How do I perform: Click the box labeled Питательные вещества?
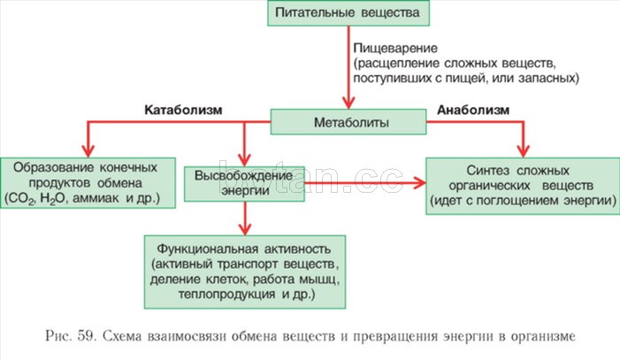click(x=348, y=12)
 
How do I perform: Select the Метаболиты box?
click(x=348, y=122)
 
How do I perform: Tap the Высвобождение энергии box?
click(x=244, y=184)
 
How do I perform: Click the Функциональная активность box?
click(x=245, y=272)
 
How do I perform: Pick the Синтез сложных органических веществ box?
click(x=523, y=186)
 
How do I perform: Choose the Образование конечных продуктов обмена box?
click(x=88, y=183)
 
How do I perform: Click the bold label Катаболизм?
click(x=183, y=110)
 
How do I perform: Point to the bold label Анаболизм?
click(x=473, y=110)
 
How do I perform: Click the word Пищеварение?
click(x=395, y=49)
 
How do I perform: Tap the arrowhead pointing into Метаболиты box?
click(x=348, y=103)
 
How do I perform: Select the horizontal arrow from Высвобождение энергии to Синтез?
click(x=365, y=183)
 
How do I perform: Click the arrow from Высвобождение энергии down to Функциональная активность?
click(x=245, y=218)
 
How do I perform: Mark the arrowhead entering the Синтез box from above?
click(x=523, y=151)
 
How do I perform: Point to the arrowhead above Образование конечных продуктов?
click(x=88, y=151)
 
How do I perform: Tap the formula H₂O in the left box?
click(x=52, y=199)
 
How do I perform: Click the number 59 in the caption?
click(x=87, y=336)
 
